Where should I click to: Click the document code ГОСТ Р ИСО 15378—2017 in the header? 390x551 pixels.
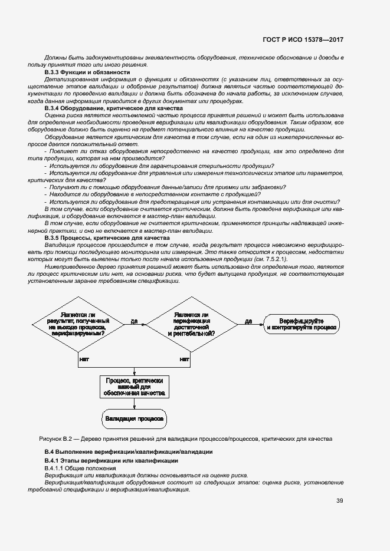304,40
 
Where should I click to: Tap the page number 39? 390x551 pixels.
340,501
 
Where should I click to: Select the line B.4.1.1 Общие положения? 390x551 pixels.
80,468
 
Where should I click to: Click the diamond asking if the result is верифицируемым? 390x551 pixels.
78,322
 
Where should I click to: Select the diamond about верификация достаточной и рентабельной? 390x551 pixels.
191,322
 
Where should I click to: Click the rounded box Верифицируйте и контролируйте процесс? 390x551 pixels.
301,322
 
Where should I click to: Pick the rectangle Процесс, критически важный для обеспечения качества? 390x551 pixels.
135,387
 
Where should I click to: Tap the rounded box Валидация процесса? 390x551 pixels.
135,419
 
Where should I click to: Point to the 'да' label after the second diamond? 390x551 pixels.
248,321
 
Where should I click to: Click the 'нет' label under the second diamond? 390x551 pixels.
184,358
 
